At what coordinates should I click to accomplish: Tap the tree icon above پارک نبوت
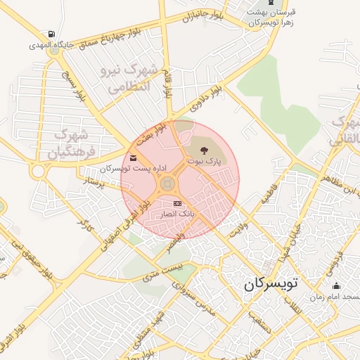204,150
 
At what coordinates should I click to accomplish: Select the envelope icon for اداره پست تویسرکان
134,157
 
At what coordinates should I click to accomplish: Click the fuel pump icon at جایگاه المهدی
51,34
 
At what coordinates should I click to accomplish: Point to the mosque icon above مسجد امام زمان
337,285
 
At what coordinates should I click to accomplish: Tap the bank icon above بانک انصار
176,202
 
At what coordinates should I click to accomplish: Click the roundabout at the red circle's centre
167,184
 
